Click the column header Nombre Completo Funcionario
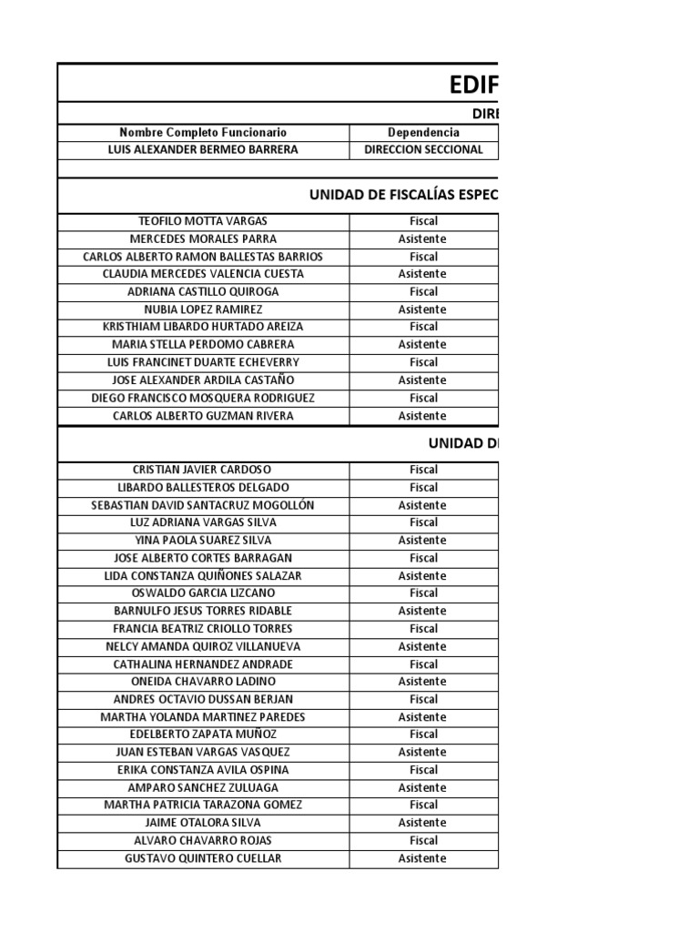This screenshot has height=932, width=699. (203, 133)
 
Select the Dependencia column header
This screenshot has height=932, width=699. (423, 133)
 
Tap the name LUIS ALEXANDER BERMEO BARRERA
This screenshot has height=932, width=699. (203, 150)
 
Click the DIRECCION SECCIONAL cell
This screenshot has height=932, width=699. (423, 150)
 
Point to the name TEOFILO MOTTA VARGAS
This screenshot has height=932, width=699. (203, 221)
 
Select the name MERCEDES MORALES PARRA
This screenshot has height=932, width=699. (203, 238)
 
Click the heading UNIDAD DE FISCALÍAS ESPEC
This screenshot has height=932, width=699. (403, 195)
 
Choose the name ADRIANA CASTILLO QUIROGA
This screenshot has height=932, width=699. (203, 292)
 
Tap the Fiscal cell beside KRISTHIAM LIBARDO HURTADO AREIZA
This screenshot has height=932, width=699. (423, 327)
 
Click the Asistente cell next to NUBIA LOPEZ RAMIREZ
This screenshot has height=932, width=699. (423, 309)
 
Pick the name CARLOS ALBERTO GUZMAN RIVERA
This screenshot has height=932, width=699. (203, 416)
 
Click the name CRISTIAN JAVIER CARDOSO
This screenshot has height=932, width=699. (203, 470)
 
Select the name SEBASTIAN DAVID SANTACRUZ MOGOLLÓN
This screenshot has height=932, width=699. (203, 505)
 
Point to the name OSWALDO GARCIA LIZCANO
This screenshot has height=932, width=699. (203, 593)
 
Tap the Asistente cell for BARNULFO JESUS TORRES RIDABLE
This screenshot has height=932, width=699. (423, 611)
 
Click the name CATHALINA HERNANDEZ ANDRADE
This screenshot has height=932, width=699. (203, 664)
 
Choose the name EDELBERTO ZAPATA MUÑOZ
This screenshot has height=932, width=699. (203, 734)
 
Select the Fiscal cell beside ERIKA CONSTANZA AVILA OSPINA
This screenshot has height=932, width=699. (423, 770)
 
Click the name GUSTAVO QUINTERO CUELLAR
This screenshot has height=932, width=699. (203, 858)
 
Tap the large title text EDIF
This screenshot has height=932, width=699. (473, 85)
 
